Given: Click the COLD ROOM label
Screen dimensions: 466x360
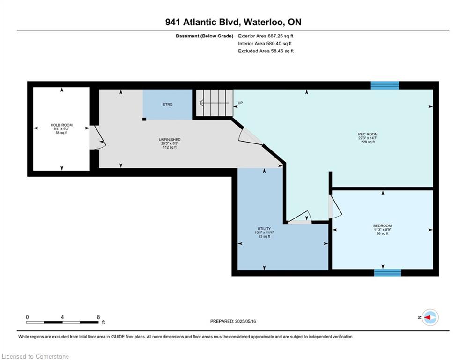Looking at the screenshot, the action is [x=61, y=125].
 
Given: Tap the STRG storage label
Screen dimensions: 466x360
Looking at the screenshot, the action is [x=168, y=105].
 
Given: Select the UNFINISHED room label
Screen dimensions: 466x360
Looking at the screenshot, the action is [x=170, y=140].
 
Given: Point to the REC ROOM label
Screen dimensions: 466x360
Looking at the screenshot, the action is [x=368, y=134].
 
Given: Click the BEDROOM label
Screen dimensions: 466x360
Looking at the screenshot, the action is [x=383, y=226].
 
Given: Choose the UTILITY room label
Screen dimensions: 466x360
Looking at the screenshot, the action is [x=264, y=229].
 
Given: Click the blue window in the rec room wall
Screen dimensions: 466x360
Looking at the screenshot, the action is [x=385, y=85].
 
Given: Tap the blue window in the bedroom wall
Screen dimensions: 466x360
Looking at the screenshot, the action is [x=387, y=272].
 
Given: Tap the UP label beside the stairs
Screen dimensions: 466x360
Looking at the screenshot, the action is [x=240, y=103].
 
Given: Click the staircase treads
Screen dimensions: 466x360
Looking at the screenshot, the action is [x=215, y=103].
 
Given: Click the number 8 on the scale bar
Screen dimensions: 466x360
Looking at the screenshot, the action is [x=98, y=317].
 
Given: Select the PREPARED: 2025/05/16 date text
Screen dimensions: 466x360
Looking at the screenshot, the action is [x=233, y=321].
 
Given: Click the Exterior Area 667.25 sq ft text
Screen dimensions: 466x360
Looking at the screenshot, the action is [x=266, y=36].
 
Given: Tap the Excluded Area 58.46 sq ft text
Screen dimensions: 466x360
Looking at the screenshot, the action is [x=266, y=51].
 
